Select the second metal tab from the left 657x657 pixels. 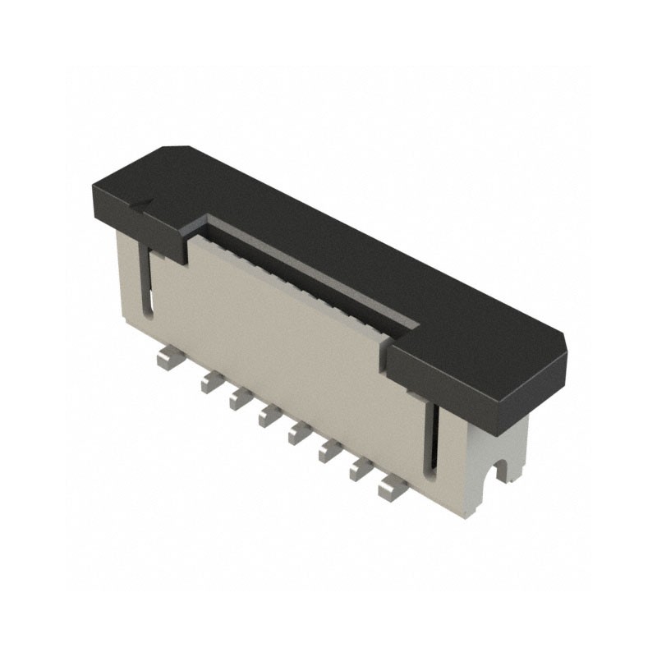(210, 379)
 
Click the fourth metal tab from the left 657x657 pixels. (269, 417)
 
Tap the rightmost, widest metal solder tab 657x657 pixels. (391, 489)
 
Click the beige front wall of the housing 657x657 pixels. (287, 345)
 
